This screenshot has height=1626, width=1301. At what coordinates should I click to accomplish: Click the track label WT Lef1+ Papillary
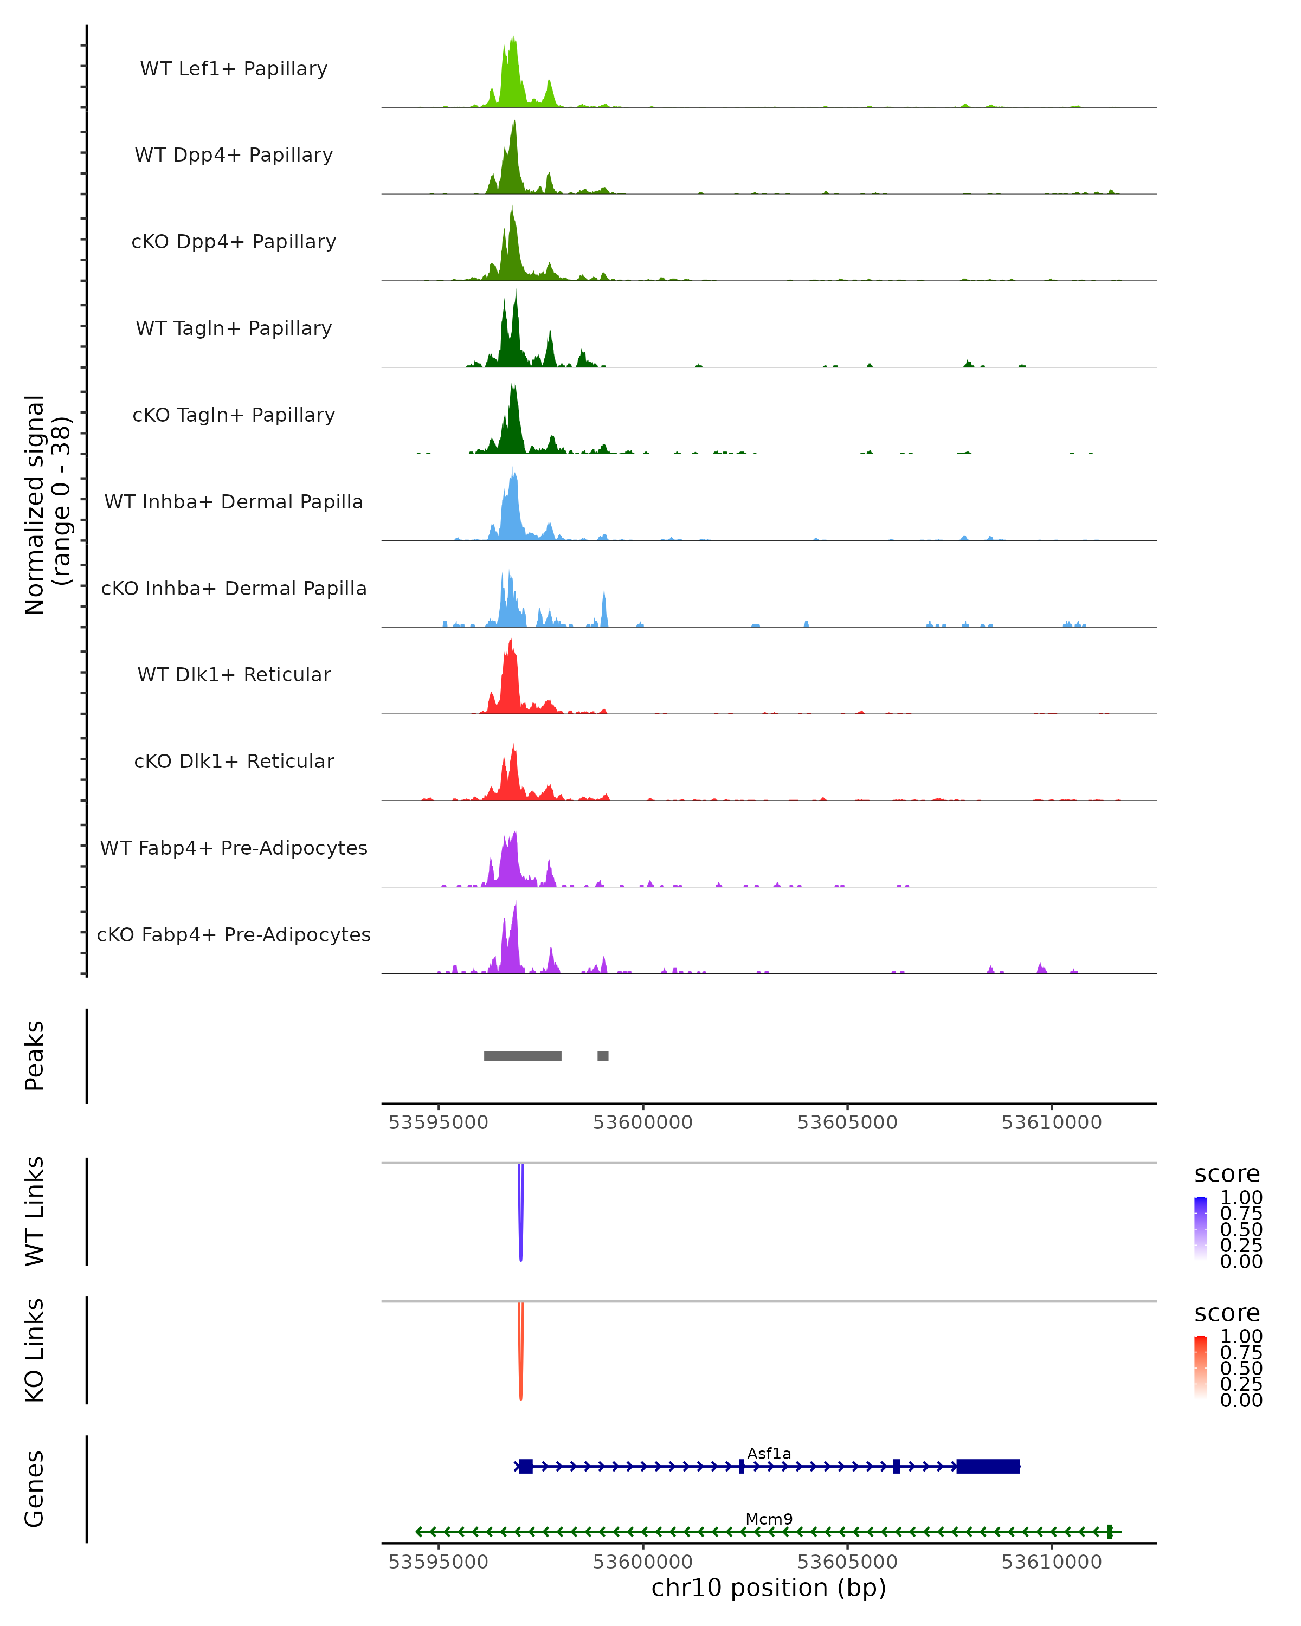click(x=234, y=69)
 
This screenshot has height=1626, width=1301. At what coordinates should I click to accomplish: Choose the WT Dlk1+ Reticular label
click(x=234, y=674)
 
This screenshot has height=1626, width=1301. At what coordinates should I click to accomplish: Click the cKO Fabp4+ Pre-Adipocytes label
click(x=234, y=934)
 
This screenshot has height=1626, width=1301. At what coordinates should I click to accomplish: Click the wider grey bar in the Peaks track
click(x=523, y=1056)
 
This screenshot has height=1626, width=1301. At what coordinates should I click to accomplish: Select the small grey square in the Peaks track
click(x=603, y=1056)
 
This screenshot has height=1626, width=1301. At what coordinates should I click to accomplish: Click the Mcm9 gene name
click(x=769, y=1519)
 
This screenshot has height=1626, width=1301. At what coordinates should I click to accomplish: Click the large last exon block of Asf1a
click(x=988, y=1466)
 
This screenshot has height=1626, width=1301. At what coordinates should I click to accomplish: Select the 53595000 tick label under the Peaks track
click(x=438, y=1122)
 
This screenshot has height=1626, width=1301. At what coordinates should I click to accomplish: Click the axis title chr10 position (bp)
click(x=769, y=1588)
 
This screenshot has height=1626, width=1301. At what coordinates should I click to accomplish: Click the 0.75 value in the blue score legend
click(x=1241, y=1214)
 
